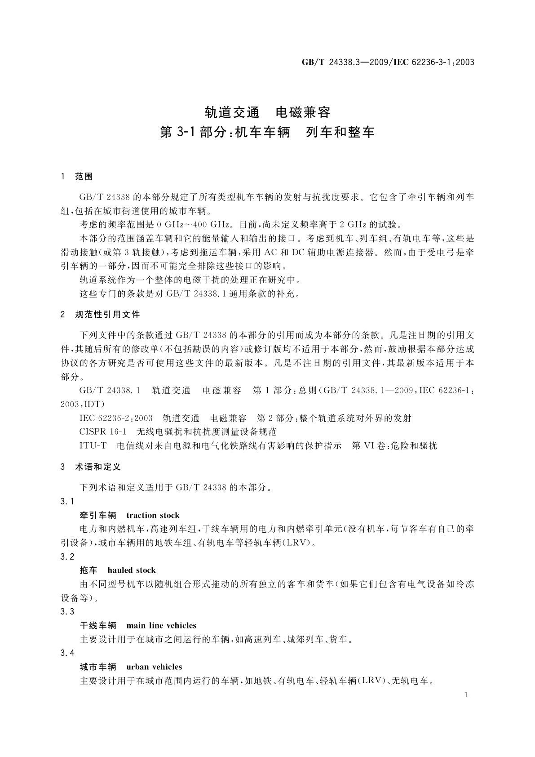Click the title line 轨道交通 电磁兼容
pyautogui.click(x=267, y=111)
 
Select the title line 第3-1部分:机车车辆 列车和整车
pyautogui.click(x=267, y=133)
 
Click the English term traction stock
pyautogui.click(x=153, y=515)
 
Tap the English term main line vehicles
pyautogui.click(x=161, y=625)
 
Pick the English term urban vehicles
pyautogui.click(x=154, y=667)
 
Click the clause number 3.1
pyautogui.click(x=67, y=501)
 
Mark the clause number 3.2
pyautogui.click(x=67, y=557)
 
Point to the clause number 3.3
pyautogui.click(x=67, y=611)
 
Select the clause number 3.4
pyautogui.click(x=67, y=653)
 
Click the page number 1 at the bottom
pyautogui.click(x=466, y=695)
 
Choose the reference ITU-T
pyautogui.click(x=93, y=446)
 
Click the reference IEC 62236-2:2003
pyautogui.click(x=116, y=419)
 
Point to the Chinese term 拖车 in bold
pyautogui.click(x=88, y=570)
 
